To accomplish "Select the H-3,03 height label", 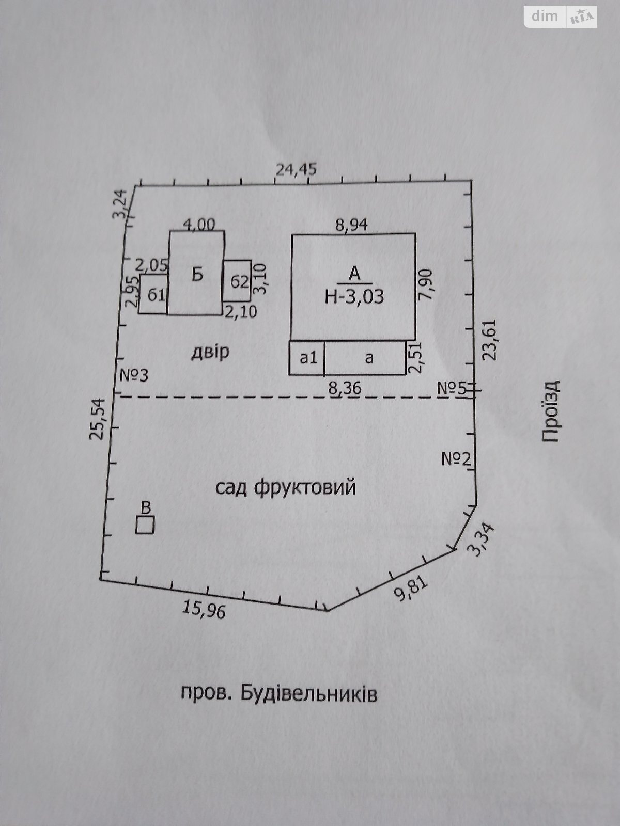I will [x=354, y=297].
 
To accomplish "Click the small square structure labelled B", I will [x=145, y=525].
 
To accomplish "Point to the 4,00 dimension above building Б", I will [x=199, y=224].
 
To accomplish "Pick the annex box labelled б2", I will [x=238, y=282].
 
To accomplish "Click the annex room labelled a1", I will [x=307, y=357].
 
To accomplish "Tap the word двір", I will [x=210, y=352].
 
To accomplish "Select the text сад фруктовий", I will [x=285, y=487].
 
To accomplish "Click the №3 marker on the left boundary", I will [x=134, y=375].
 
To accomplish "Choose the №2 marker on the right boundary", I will [x=457, y=458].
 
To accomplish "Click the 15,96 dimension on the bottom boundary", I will [x=204, y=610].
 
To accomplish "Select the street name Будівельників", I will [x=309, y=693].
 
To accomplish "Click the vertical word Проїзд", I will [x=551, y=411].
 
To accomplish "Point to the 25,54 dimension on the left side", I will [x=98, y=419].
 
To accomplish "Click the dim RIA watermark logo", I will [x=561, y=17].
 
